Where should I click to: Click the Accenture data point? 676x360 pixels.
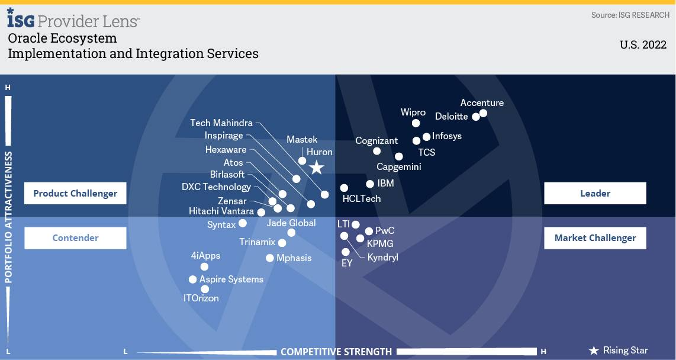[x=483, y=113]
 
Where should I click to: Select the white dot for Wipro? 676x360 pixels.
[x=416, y=123]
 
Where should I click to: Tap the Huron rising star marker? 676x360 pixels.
[x=317, y=168]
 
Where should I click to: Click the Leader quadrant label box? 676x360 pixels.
[x=595, y=193]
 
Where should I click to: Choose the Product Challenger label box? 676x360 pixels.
[x=75, y=193]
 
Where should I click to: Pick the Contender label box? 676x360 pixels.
[x=75, y=238]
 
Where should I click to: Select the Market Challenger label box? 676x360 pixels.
[x=595, y=238]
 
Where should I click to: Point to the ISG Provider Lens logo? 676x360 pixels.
[x=73, y=20]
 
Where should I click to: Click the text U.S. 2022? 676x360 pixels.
[x=643, y=45]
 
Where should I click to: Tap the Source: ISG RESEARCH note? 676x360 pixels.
[x=630, y=15]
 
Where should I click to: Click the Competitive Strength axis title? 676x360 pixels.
[x=336, y=352]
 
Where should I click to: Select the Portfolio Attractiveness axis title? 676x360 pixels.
[x=8, y=217]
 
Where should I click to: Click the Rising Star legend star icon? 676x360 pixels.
[x=594, y=351]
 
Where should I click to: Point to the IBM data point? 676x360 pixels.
[x=370, y=184]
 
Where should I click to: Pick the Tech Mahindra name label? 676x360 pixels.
[x=221, y=123]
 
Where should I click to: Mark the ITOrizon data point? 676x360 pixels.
[x=205, y=289]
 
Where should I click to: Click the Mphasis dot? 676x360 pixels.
[x=270, y=258]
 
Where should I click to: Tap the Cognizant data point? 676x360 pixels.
[x=377, y=151]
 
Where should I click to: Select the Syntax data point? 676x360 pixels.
[x=243, y=223]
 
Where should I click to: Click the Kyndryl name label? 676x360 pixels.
[x=382, y=258]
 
